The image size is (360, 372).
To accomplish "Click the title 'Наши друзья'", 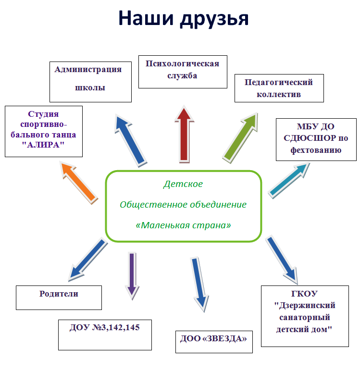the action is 184,19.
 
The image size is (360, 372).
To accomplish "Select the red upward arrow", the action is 184,134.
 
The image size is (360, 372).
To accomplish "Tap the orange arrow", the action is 79,183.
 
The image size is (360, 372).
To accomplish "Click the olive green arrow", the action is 240,138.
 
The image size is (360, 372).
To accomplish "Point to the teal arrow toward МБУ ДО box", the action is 289,181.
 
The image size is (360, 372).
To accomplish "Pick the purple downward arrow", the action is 132,276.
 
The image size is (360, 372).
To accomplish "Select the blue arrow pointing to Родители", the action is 88,260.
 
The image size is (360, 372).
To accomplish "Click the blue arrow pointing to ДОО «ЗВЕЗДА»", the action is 200,285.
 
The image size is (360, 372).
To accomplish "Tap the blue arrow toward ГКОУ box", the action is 282,260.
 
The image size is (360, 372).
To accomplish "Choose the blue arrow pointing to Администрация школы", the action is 130,140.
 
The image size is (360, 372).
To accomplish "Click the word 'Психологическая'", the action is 182,63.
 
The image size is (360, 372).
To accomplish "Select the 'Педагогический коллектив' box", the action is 279,88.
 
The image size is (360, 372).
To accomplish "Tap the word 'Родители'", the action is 59,294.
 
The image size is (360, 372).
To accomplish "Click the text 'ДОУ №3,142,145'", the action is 105,327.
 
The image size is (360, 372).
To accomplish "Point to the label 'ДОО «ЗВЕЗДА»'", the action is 213,338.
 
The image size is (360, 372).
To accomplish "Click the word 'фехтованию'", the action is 316,150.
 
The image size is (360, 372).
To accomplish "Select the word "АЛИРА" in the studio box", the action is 43,145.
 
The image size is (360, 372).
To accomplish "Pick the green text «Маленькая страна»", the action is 183,225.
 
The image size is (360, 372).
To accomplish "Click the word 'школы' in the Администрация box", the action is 90,87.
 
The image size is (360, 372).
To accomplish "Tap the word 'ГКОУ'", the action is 304,294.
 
